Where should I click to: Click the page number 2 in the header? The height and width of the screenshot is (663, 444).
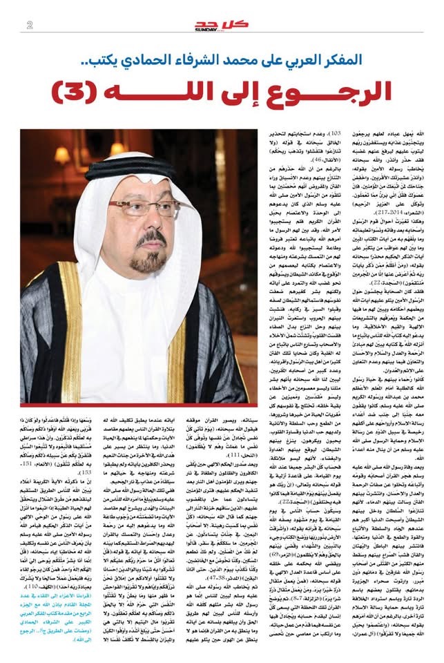30,26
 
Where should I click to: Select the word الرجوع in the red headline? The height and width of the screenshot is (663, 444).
319,89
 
